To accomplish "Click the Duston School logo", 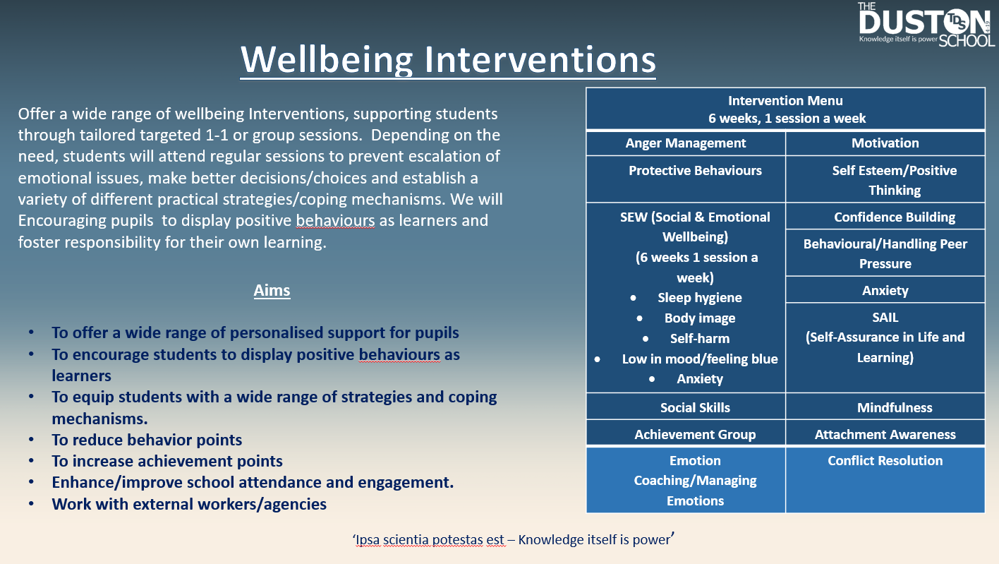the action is point(926,25).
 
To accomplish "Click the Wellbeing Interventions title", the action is point(448,60).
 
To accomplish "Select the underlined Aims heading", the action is point(272,291).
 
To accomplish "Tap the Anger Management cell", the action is point(686,143).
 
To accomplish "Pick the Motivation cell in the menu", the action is point(885,143).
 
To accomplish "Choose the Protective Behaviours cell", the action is point(686,179).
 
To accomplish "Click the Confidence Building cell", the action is point(885,217).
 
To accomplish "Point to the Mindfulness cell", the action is point(885,407).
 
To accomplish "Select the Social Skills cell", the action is point(686,407).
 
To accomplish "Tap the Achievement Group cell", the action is point(686,434).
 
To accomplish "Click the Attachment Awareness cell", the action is point(885,434).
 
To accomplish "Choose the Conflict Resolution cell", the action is point(885,480).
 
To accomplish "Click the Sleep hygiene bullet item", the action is point(699,298).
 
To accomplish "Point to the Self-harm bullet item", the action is point(699,339).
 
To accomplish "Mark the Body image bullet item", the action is point(699,318).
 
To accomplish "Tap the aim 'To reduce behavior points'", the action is point(147,440).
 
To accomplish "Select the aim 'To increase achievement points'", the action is point(167,461).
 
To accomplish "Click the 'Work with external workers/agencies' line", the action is point(189,504).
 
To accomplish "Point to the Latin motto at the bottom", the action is point(514,539).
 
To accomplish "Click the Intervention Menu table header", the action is point(785,109).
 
